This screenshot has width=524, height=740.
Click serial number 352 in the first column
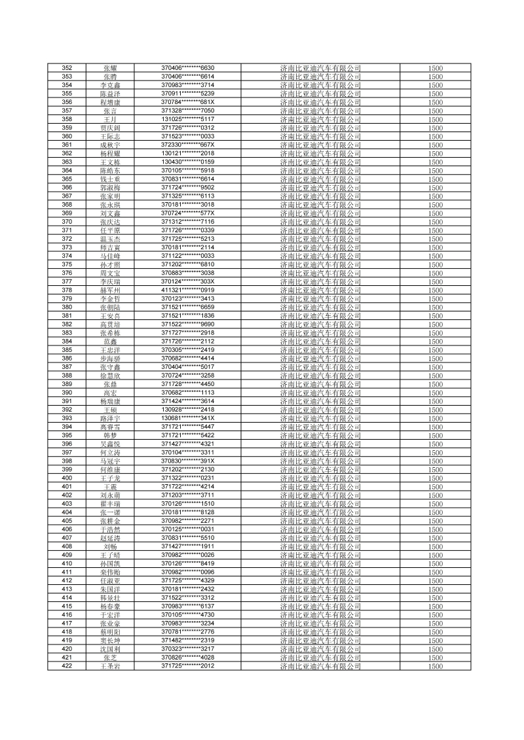click(67, 68)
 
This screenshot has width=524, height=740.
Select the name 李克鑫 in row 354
click(110, 85)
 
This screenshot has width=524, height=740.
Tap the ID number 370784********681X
click(188, 102)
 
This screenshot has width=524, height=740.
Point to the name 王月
click(110, 119)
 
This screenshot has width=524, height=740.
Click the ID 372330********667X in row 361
click(188, 145)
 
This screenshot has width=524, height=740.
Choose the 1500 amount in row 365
click(436, 179)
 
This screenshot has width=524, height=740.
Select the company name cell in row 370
click(320, 222)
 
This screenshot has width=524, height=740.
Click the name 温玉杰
click(110, 239)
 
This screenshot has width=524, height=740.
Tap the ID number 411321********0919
click(188, 290)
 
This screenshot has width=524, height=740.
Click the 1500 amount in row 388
click(436, 376)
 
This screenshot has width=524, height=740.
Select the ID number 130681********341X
click(188, 418)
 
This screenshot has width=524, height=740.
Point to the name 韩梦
click(110, 435)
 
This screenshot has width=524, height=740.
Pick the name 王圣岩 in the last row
click(110, 666)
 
